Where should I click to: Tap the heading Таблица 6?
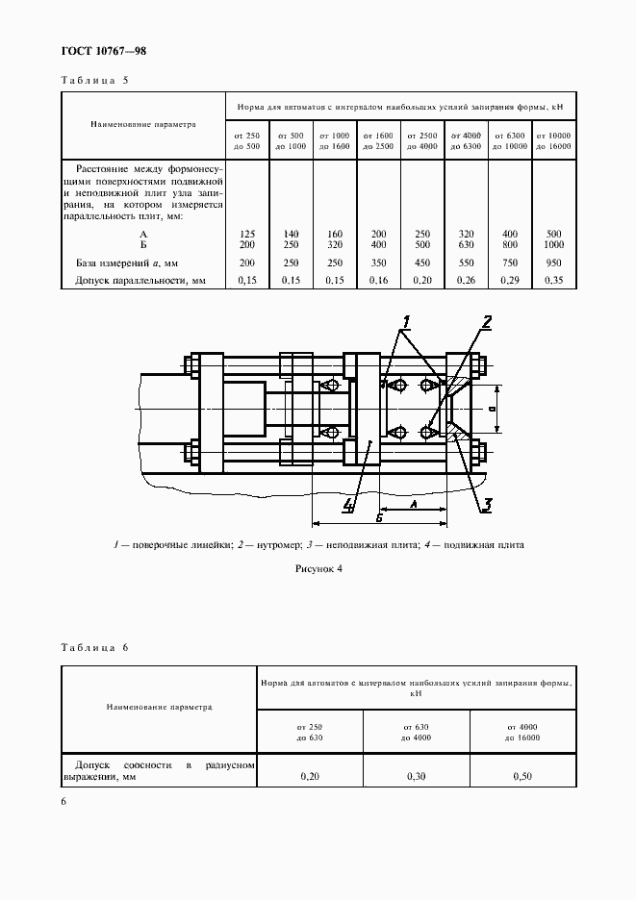pos(94,647)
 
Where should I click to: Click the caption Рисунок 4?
pos(318,569)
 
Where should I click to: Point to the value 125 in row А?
pos(245,235)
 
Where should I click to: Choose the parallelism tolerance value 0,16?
pos(377,281)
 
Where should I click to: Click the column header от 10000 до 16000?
pos(553,140)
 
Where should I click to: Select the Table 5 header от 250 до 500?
pos(246,140)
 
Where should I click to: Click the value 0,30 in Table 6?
pos(416,775)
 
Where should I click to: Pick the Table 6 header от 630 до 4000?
pos(416,731)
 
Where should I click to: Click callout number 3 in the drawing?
pos(488,502)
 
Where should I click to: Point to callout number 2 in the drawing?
pos(488,322)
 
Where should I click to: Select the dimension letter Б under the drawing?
pos(380,517)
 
